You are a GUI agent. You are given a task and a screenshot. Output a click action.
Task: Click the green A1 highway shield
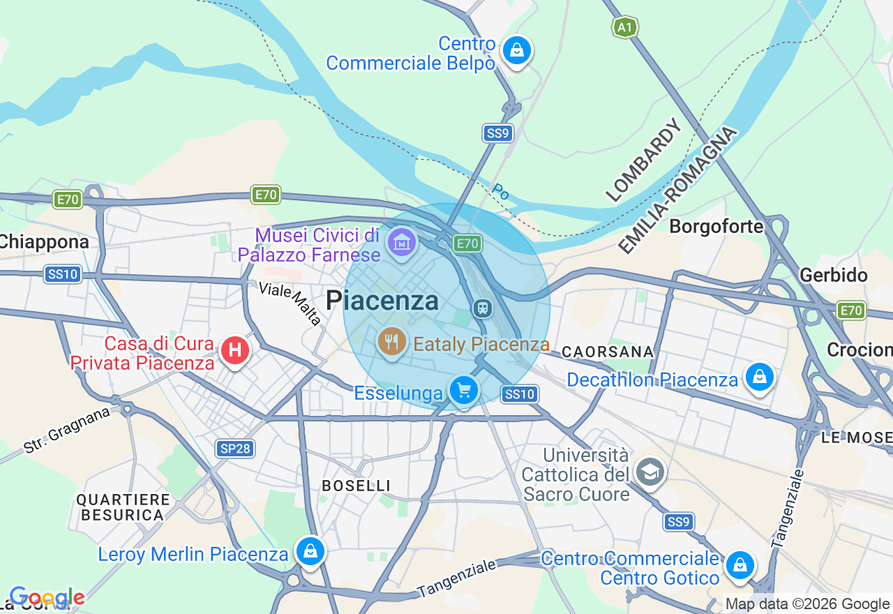click(x=624, y=28)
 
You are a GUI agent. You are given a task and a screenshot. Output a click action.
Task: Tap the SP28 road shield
click(x=234, y=448)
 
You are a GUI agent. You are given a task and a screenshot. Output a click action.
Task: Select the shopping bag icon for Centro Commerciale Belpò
click(x=517, y=51)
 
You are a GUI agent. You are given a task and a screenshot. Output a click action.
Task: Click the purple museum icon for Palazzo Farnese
click(x=402, y=243)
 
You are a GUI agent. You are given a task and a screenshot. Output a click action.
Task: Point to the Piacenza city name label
click(x=382, y=301)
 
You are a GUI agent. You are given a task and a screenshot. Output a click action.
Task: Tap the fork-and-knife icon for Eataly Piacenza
click(x=392, y=341)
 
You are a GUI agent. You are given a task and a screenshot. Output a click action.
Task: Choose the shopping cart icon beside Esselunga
click(x=464, y=389)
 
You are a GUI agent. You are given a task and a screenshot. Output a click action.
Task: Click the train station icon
click(x=481, y=308)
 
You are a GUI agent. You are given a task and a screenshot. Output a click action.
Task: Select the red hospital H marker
click(x=234, y=350)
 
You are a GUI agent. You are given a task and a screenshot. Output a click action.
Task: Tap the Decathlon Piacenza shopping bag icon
click(x=759, y=377)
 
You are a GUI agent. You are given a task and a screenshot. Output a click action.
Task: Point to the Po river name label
click(x=500, y=192)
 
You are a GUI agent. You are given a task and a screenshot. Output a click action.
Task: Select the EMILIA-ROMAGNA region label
click(x=677, y=190)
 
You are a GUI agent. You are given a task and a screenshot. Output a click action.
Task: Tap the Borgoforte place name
click(x=716, y=227)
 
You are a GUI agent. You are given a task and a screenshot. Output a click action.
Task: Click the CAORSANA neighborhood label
click(x=608, y=352)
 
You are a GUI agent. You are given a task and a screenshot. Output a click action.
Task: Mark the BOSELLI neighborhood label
click(x=355, y=486)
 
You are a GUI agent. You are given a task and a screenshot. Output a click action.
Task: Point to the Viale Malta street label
click(x=290, y=304)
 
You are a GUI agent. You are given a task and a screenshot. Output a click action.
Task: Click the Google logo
click(x=46, y=597)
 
